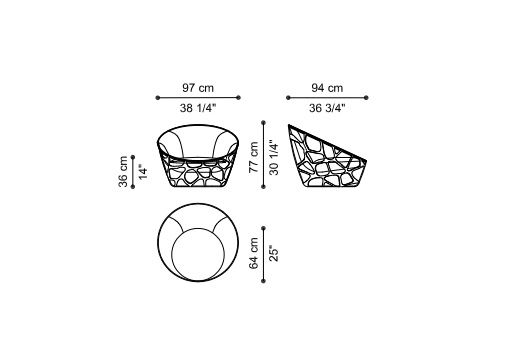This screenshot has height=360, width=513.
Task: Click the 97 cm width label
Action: tap(198, 88)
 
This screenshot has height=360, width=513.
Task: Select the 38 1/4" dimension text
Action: tap(198, 108)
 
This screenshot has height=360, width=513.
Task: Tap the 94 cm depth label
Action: tap(327, 88)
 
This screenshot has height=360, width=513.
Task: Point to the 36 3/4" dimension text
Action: tap(327, 108)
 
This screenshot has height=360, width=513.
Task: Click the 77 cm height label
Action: tap(254, 157)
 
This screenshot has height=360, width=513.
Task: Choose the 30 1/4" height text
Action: tap(274, 157)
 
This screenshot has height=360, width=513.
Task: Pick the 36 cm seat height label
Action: tap(123, 171)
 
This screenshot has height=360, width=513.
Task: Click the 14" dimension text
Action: tap(143, 172)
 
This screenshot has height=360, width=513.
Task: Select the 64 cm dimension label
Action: tap(254, 253)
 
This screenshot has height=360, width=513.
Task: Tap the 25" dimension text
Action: tap(274, 253)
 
